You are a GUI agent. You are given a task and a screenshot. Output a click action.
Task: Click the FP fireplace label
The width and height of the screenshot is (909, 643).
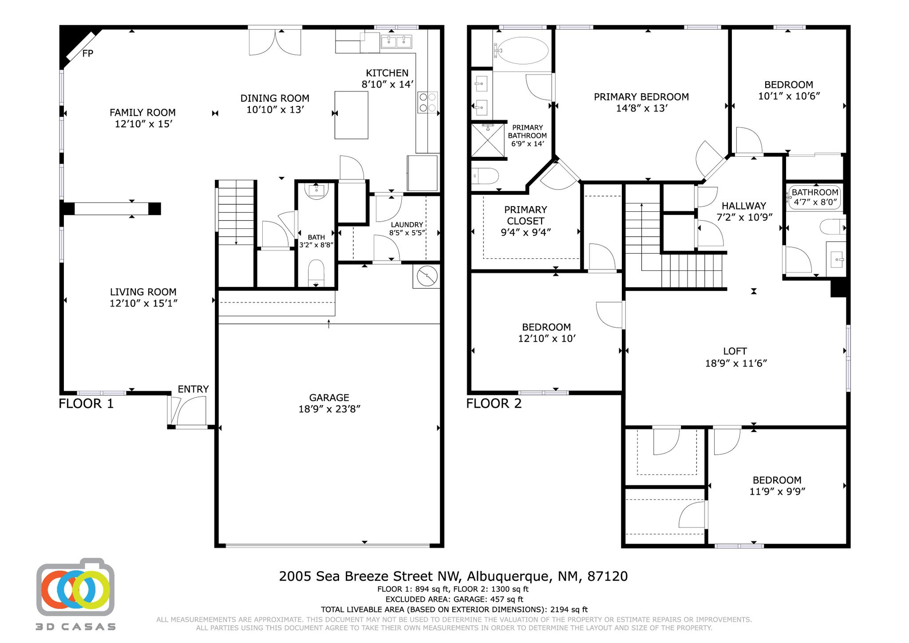tap(87, 54)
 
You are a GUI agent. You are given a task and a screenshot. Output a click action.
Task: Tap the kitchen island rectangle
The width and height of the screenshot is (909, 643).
tap(351, 115)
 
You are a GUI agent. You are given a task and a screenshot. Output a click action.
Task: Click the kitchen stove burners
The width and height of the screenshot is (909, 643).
tap(427, 103)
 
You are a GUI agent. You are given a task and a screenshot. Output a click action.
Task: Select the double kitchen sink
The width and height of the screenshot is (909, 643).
tap(396, 42)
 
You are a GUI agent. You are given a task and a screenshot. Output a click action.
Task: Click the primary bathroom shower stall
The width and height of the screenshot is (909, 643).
tap(488, 140)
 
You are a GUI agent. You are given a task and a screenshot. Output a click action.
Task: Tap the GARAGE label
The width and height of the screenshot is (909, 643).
tap(329, 398)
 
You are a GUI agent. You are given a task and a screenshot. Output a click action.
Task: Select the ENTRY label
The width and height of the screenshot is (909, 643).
tap(193, 389)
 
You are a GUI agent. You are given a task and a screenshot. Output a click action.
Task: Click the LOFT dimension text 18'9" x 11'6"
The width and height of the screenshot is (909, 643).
tap(736, 363)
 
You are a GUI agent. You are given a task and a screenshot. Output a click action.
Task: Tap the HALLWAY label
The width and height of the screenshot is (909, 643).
tap(743, 206)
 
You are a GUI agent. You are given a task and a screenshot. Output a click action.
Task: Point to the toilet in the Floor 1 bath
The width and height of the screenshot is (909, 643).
tap(316, 272)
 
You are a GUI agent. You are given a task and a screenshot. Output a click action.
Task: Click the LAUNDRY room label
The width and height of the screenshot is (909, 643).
tap(407, 225)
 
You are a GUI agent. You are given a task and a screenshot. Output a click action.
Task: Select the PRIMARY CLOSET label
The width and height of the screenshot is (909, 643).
tap(526, 215)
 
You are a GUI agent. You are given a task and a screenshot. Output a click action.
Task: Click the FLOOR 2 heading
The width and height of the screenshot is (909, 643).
tap(494, 404)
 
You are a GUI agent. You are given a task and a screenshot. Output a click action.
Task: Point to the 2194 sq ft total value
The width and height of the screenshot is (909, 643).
tap(569, 610)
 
